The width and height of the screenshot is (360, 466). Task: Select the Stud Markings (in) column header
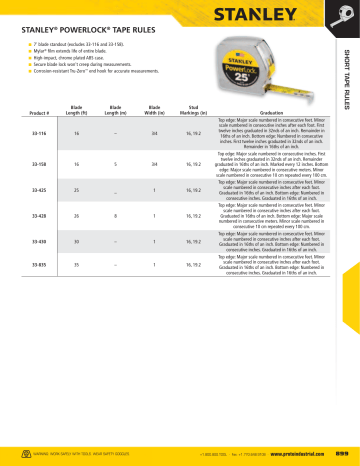pyautogui.click(x=197, y=138)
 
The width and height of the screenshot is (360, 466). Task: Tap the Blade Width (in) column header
pyautogui.click(x=155, y=138)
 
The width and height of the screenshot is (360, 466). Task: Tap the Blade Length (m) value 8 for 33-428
pyautogui.click(x=116, y=241)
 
